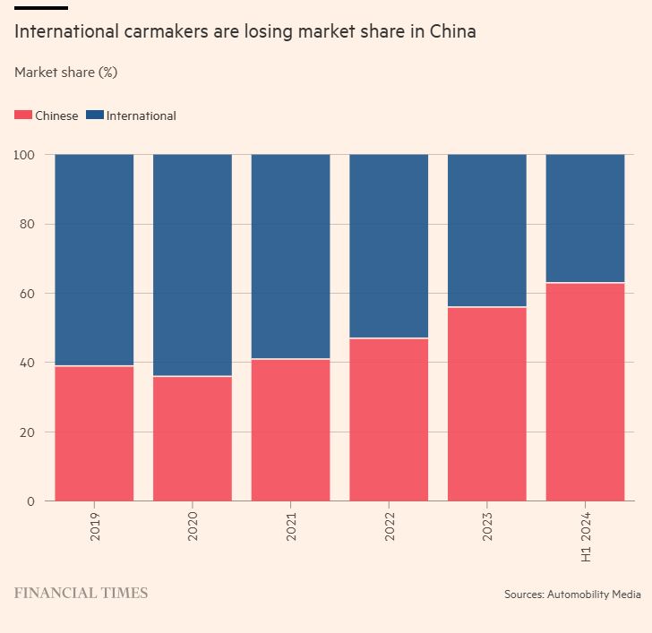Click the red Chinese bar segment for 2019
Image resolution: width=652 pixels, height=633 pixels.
pyautogui.click(x=94, y=433)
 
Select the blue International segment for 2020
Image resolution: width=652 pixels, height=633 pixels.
pyautogui.click(x=193, y=265)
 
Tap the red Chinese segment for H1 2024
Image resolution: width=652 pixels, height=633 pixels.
pyautogui.click(x=585, y=392)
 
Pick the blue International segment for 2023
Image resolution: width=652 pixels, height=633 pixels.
pyautogui.click(x=486, y=230)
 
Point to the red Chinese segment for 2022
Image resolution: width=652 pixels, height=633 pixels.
pyautogui.click(x=389, y=420)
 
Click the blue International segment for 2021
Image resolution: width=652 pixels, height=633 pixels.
pyautogui.click(x=290, y=256)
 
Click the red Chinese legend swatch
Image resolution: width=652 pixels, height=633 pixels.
pyautogui.click(x=23, y=115)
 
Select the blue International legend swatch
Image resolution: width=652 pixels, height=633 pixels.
pyautogui.click(x=95, y=115)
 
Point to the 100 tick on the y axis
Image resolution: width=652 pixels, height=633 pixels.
pyautogui.click(x=24, y=155)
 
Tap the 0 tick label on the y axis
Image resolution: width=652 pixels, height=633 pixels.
pyautogui.click(x=30, y=501)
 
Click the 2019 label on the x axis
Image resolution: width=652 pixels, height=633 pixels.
pyautogui.click(x=95, y=526)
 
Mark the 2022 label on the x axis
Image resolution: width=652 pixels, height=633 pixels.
pyautogui.click(x=390, y=526)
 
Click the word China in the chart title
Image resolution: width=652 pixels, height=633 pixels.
pyautogui.click(x=453, y=32)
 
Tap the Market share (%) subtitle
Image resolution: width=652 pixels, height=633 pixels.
pyautogui.click(x=66, y=73)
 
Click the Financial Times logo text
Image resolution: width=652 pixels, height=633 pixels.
pyautogui.click(x=81, y=593)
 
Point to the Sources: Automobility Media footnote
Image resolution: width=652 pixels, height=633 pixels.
pyautogui.click(x=572, y=594)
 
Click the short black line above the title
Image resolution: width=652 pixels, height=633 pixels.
pyautogui.click(x=41, y=7)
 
